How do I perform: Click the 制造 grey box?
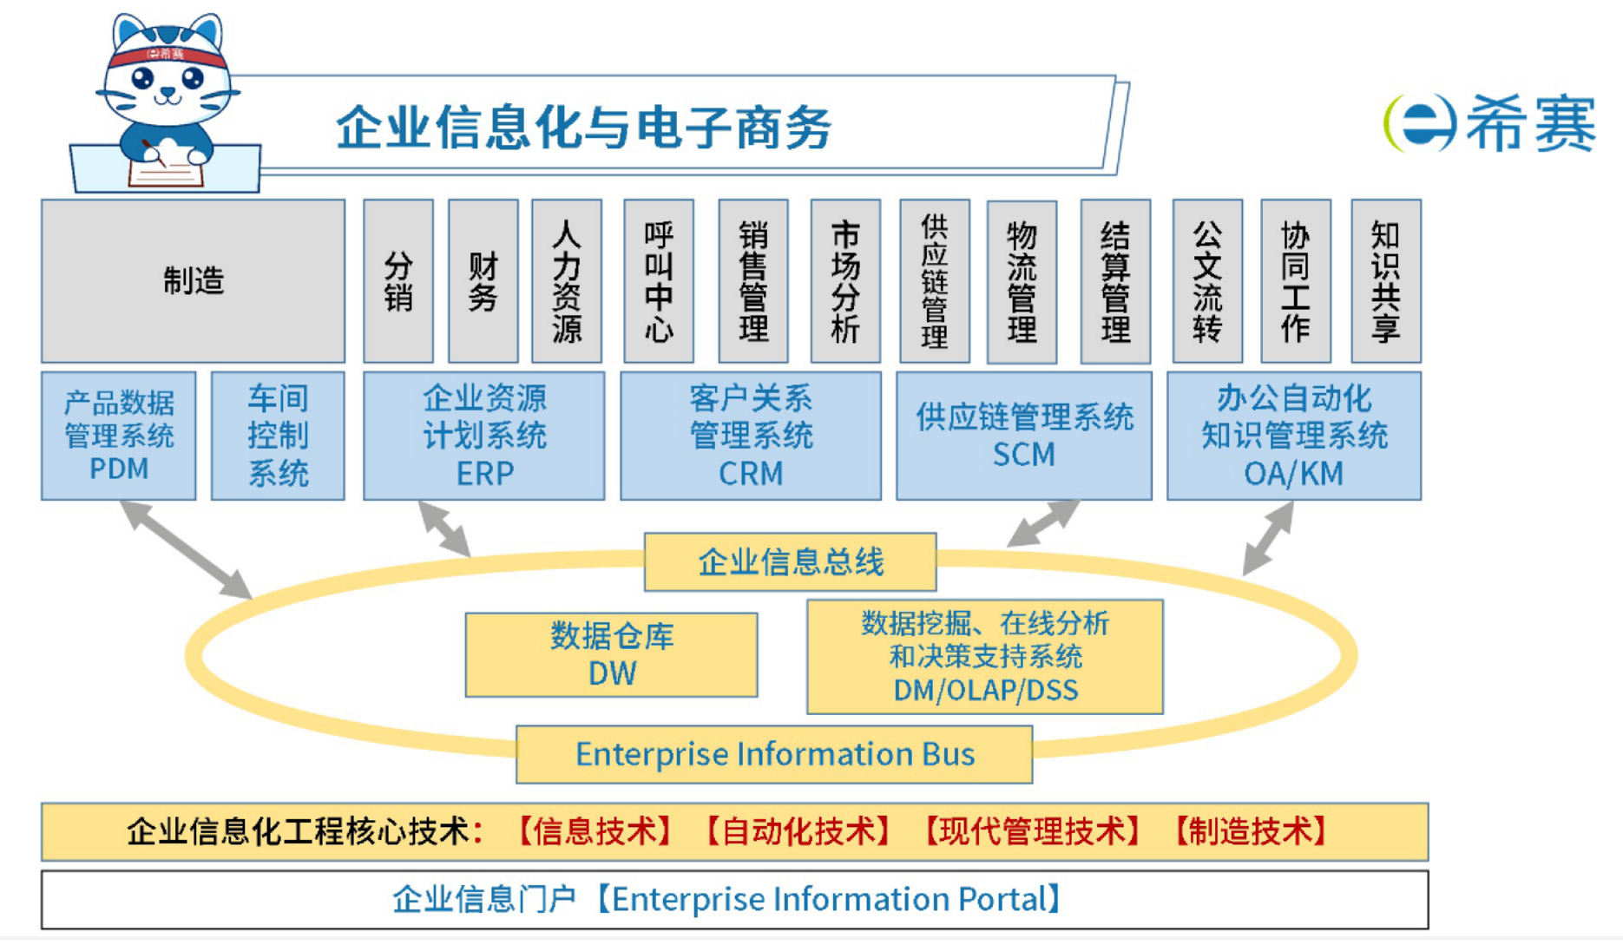193,280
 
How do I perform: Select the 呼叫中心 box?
659,280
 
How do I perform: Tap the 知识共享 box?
1385,280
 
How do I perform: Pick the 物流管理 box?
1022,280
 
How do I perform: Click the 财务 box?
483,280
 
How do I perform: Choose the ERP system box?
483,436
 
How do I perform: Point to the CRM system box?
750,436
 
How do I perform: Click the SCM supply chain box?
1023,436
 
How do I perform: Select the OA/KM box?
1293,436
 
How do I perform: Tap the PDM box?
119,436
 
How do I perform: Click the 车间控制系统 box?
278,436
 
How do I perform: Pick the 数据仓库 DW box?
611,654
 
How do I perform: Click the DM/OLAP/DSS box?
984,656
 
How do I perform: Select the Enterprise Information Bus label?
774,754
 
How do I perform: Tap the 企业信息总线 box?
790,561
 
